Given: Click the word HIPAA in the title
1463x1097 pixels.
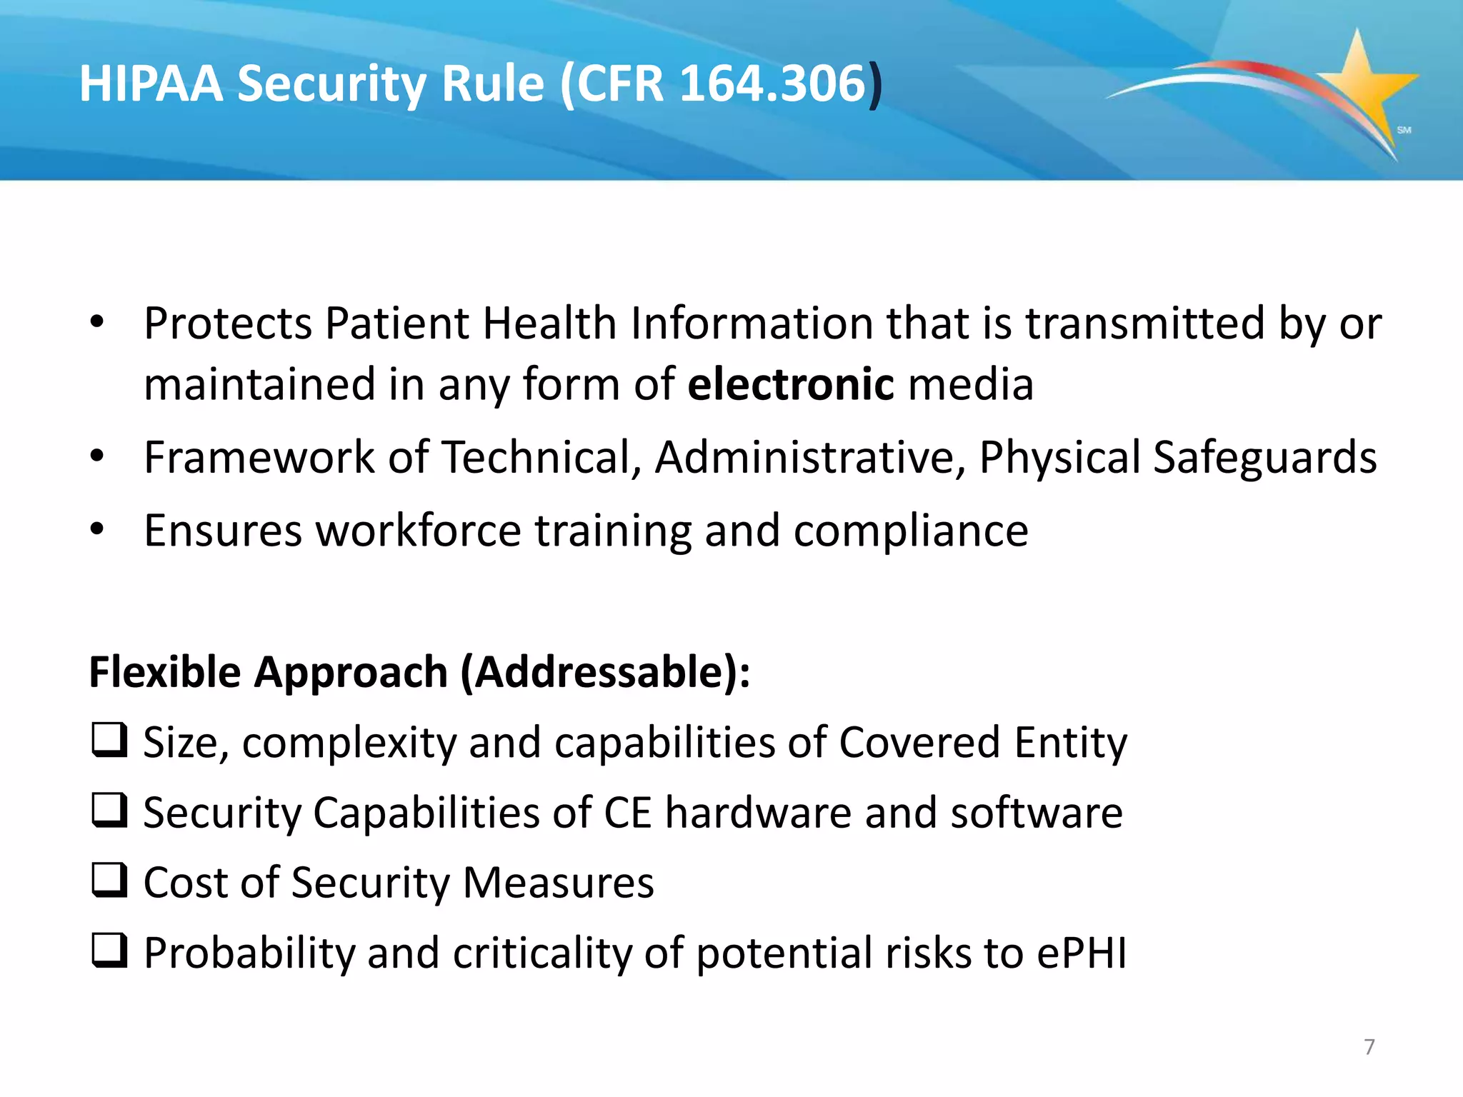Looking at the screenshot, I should tap(151, 84).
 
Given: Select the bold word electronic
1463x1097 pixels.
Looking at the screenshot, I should tap(790, 384).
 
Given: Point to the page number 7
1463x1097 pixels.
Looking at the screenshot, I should tap(1369, 1047).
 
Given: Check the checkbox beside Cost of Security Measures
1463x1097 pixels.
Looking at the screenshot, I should tap(109, 881).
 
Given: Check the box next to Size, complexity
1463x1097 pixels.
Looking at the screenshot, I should tap(109, 741).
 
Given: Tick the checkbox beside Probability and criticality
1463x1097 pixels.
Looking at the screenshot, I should tap(109, 951).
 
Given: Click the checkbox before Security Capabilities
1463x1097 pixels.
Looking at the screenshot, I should tap(109, 811).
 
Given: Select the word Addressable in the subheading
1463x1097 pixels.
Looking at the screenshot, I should tap(603, 673).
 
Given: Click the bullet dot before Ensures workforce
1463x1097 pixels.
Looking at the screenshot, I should tap(97, 530).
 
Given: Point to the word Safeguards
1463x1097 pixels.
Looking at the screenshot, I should tap(1264, 457).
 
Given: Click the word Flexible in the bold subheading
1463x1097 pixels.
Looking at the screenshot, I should tap(165, 673).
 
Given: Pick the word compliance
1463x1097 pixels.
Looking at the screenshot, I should tap(911, 531).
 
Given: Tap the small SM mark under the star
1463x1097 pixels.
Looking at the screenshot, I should tap(1404, 130).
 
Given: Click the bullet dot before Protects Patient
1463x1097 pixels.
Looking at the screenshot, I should tap(97, 323).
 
